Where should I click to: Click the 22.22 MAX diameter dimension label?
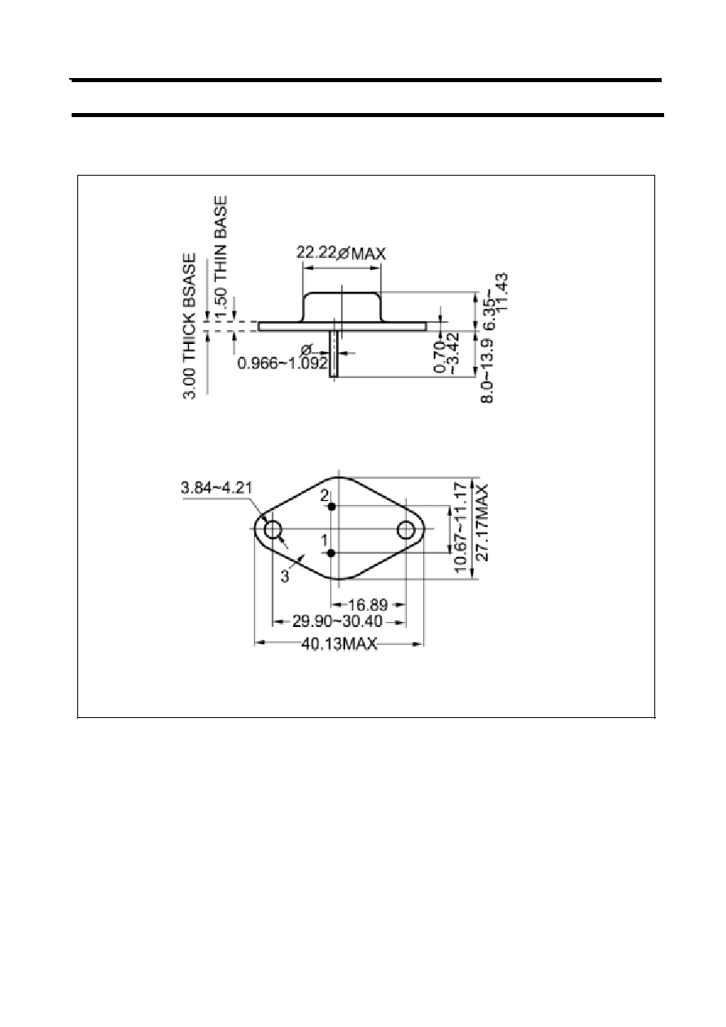(x=341, y=253)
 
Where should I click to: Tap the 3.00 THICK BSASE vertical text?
(x=190, y=326)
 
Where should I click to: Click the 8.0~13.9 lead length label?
(x=487, y=371)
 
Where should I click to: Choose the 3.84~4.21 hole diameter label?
(x=216, y=487)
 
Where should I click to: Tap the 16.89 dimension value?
(x=369, y=605)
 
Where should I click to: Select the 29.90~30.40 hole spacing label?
(x=337, y=622)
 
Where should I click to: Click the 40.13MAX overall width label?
(x=339, y=644)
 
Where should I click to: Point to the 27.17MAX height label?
(x=483, y=522)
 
